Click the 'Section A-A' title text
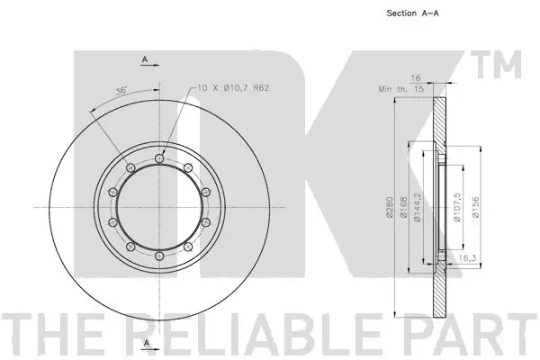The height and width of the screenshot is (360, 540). point(412,13)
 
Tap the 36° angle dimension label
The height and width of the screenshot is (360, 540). point(121,91)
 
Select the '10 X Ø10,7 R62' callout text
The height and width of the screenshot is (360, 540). point(233,88)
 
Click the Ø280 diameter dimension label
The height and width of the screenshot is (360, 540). point(390,207)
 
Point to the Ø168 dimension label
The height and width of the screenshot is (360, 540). point(403,207)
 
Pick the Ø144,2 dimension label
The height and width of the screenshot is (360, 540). point(418,207)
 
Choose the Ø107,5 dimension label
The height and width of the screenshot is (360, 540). point(457,207)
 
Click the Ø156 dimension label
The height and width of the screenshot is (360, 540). point(475,207)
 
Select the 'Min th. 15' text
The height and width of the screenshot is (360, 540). point(401,89)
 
